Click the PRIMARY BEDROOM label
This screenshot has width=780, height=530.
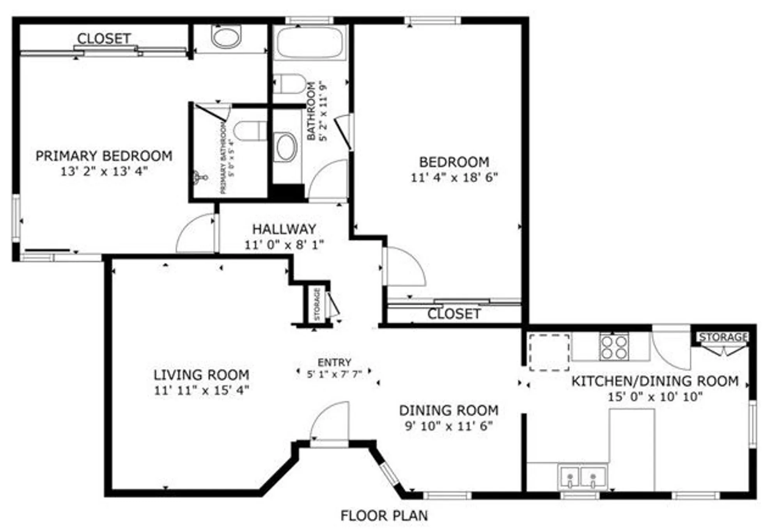[x=104, y=156]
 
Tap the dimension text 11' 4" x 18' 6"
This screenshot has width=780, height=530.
[x=454, y=177]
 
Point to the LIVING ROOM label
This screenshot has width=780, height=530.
[x=201, y=375]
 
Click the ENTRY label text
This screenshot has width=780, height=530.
[x=334, y=362]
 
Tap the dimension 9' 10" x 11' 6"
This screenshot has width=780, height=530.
[x=448, y=426]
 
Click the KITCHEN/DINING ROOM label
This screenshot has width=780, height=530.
[x=655, y=381]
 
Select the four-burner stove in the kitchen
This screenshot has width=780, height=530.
[x=614, y=347]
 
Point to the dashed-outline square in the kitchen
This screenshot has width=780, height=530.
[x=549, y=352]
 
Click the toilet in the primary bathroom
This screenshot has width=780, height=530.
[x=250, y=131]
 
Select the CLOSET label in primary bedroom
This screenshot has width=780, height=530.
[x=104, y=39]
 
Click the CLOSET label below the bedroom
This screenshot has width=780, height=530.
[x=454, y=314]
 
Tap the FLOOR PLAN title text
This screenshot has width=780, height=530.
[x=384, y=516]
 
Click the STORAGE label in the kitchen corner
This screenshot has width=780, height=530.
[x=723, y=337]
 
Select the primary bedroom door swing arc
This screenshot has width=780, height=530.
[x=195, y=233]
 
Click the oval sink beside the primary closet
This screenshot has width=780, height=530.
[x=226, y=36]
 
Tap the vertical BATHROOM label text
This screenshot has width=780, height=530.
[x=311, y=111]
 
